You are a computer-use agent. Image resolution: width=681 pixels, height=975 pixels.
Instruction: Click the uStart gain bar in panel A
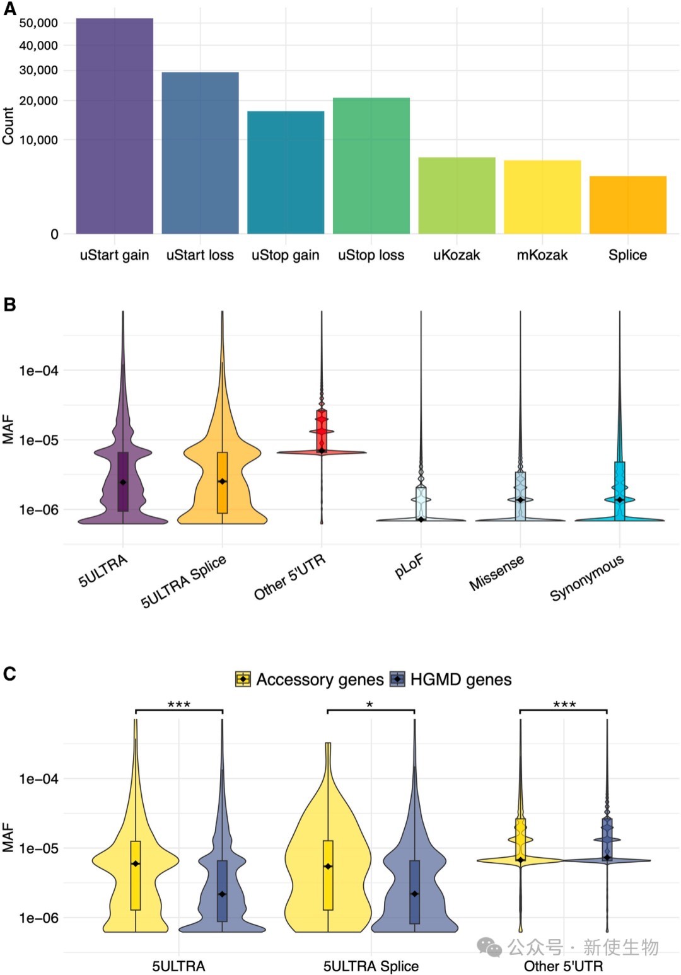tap(114, 126)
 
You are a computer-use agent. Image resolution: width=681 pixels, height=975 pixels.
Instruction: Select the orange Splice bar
tap(627, 205)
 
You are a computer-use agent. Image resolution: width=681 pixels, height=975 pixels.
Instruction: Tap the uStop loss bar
tap(371, 166)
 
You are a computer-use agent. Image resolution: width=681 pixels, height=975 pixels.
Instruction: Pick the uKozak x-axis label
tap(457, 255)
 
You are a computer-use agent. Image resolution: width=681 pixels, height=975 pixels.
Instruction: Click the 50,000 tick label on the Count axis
tap(38, 23)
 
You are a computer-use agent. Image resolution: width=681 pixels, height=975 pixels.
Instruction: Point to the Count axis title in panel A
tap(8, 126)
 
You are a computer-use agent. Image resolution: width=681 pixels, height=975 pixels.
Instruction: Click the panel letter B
tap(9, 304)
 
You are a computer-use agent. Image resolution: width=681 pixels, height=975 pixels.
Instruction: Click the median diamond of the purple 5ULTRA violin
tap(123, 482)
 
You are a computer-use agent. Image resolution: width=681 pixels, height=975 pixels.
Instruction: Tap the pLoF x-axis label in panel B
tap(409, 566)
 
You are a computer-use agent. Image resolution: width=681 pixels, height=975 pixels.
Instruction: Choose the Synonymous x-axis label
tap(587, 577)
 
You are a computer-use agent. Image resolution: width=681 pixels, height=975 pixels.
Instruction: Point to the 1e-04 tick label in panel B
tap(38, 371)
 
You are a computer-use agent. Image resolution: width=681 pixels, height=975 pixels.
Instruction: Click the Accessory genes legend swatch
tap(243, 679)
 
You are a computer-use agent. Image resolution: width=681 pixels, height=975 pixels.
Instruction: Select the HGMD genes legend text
tap(461, 679)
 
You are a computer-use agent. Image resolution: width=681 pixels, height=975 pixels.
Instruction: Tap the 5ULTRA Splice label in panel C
tap(371, 966)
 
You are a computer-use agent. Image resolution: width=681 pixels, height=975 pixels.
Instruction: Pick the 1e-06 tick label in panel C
tap(38, 918)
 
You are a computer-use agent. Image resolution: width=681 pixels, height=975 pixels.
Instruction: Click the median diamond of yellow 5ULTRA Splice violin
tap(328, 867)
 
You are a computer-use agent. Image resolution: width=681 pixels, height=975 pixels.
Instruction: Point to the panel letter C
tap(9, 674)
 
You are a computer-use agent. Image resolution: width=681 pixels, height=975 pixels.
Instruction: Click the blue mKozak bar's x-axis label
tap(542, 255)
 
